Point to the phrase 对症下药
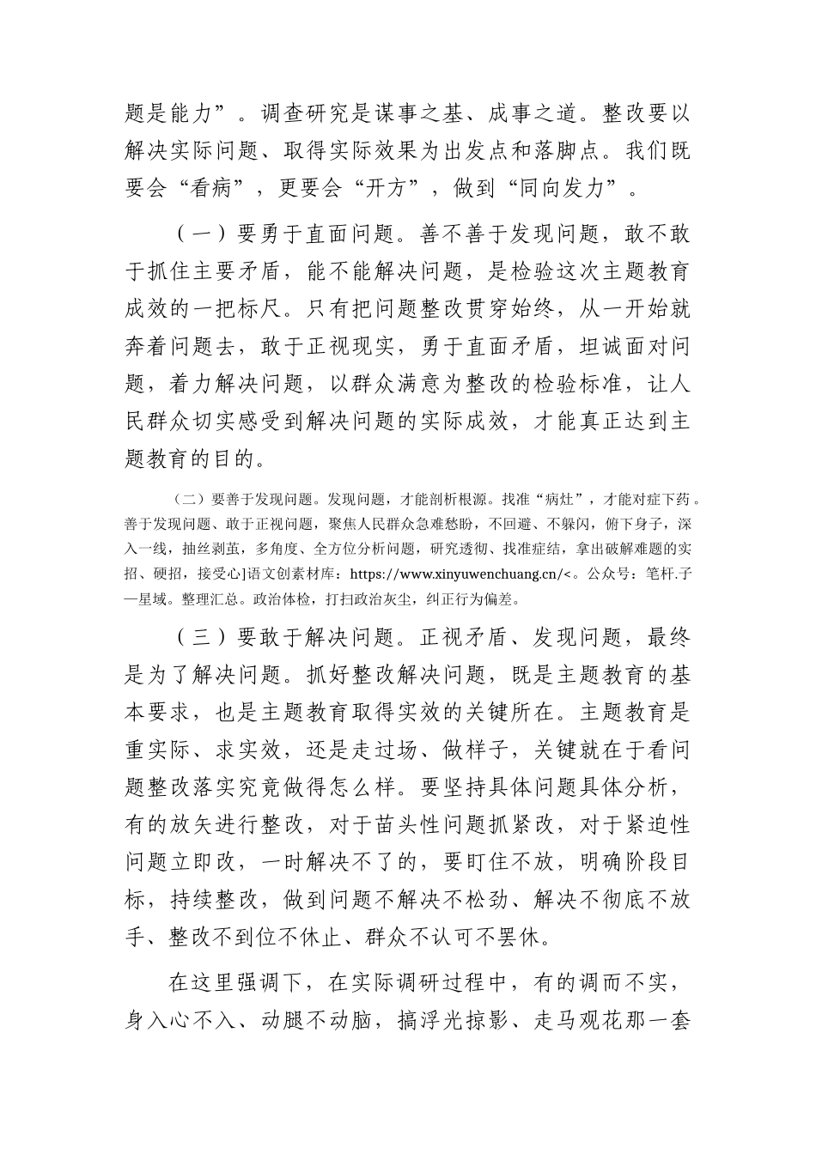pos(661,498)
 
